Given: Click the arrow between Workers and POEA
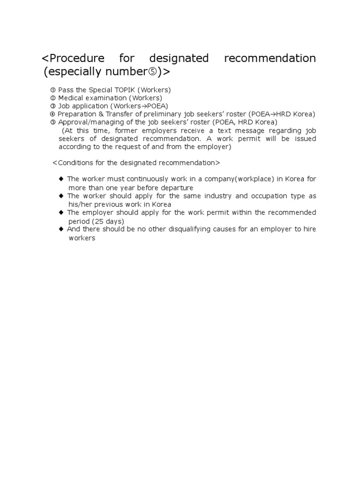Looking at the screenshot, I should click(x=143, y=106).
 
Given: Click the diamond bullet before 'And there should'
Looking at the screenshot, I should click(x=61, y=229).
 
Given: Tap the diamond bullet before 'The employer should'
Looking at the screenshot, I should click(x=61, y=212).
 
